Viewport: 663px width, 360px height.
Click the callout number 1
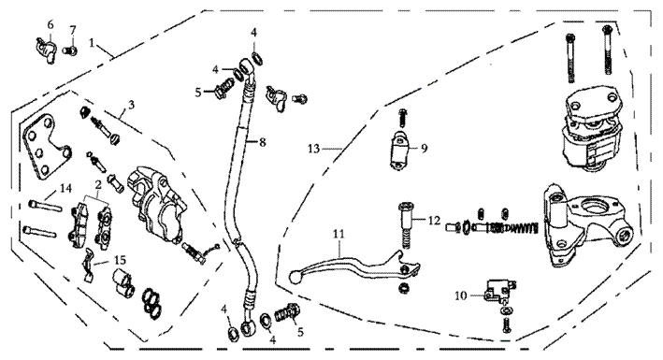coord(92,42)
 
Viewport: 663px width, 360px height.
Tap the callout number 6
coord(50,24)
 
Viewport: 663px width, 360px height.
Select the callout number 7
coord(73,30)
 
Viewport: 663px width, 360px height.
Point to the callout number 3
coord(131,105)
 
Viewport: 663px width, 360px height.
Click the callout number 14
coord(65,188)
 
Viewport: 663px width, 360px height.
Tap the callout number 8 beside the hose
coord(263,142)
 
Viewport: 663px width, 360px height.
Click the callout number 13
coord(314,149)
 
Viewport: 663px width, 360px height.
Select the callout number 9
coord(425,148)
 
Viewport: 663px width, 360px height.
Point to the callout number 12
coord(434,221)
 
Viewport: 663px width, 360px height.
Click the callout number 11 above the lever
coord(339,234)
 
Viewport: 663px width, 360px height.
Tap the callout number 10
coord(461,295)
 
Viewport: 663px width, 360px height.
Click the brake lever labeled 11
coord(355,267)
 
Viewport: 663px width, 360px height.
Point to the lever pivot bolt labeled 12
coord(405,226)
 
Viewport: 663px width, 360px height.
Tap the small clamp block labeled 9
coord(398,151)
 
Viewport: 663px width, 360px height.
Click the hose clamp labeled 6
coord(45,50)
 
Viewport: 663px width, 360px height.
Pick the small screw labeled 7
coord(70,50)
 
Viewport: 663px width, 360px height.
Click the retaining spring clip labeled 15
coord(89,265)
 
